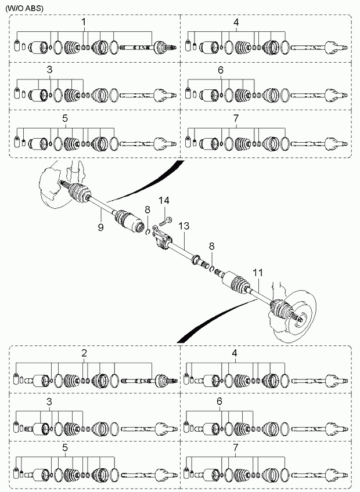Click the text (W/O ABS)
(24, 9)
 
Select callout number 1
(84, 22)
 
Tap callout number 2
(84, 353)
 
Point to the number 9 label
(101, 226)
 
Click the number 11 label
(258, 273)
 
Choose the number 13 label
(184, 226)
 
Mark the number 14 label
(164, 200)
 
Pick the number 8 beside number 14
(147, 209)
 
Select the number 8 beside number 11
(212, 246)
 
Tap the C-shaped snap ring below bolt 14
(147, 231)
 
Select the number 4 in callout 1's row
(236, 22)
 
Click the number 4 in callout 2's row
(235, 353)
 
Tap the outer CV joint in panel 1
(164, 48)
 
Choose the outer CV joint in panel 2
(165, 381)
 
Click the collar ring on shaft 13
(195, 259)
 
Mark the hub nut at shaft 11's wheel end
(301, 320)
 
